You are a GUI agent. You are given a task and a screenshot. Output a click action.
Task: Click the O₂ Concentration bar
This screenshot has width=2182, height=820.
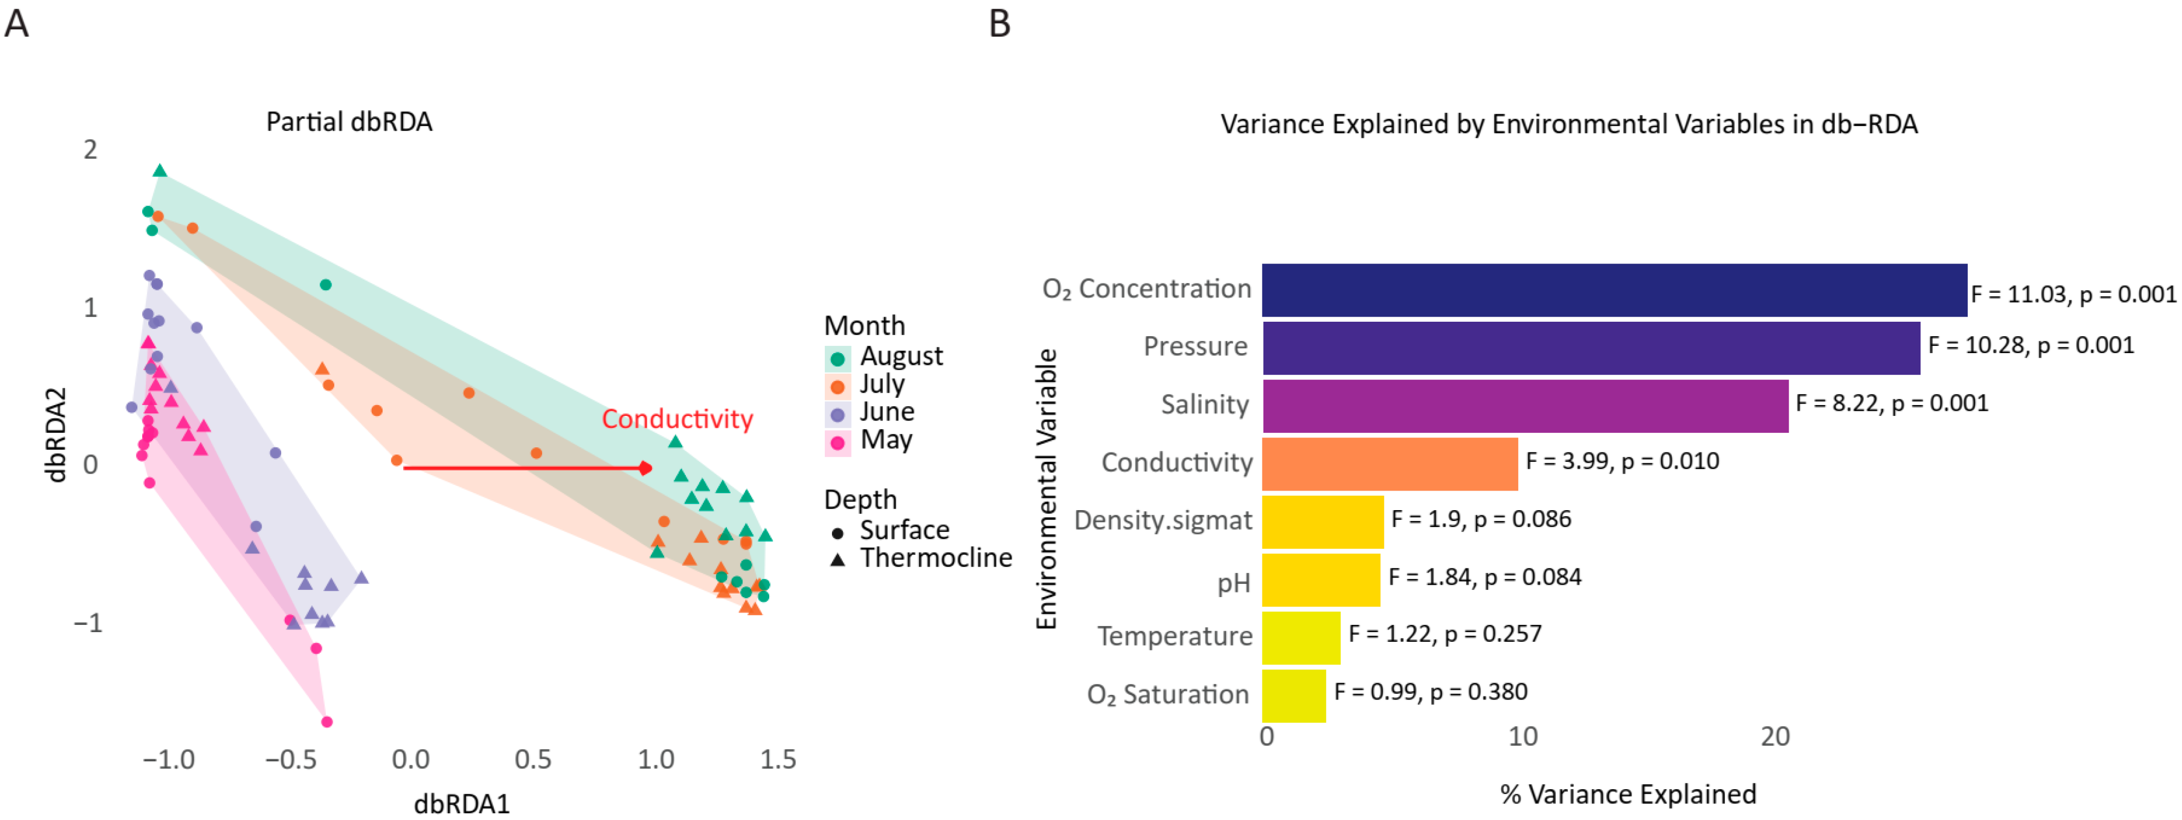point(1614,290)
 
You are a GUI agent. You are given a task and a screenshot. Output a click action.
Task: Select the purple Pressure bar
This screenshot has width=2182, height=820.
point(1591,347)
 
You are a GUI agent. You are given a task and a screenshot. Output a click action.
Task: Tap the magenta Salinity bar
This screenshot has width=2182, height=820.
point(1525,406)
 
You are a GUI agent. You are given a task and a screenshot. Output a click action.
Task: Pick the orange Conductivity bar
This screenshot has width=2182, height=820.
point(1389,463)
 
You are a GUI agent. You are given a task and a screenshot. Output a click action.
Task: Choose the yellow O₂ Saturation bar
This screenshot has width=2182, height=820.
point(1293,695)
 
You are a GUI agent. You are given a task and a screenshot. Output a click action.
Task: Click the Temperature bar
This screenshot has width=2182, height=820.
point(1301,637)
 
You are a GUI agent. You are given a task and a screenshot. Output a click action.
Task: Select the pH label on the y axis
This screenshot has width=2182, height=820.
point(1233,583)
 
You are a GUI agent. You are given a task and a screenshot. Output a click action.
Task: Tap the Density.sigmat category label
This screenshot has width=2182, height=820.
point(1162,519)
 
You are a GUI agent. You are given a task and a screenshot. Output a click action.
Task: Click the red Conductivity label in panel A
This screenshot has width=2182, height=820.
point(677,418)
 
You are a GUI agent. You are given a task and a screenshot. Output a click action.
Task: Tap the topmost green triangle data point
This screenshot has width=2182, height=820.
point(160,171)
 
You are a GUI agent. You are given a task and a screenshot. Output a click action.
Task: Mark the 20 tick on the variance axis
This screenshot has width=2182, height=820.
point(1775,736)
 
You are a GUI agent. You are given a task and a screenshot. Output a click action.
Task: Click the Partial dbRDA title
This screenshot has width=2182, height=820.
point(349,122)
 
